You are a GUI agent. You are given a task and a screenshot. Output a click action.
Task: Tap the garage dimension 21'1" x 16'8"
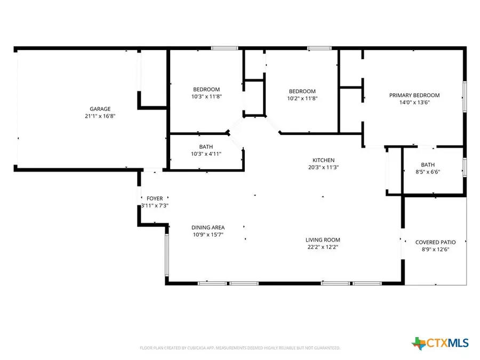tap(100, 115)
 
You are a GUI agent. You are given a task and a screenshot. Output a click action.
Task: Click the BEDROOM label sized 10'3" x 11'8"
tap(206, 90)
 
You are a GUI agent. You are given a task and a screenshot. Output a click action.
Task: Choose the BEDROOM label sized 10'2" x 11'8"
tap(302, 91)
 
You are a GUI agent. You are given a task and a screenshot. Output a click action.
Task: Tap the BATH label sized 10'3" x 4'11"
tap(206, 147)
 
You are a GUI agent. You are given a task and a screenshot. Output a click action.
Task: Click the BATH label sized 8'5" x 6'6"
tap(427, 165)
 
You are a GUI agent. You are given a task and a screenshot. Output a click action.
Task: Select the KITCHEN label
tap(323, 160)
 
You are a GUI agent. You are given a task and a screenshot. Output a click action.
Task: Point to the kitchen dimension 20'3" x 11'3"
tap(323, 167)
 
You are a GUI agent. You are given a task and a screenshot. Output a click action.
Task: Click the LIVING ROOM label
tap(323, 240)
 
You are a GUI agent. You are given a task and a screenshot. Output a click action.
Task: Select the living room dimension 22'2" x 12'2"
tap(323, 247)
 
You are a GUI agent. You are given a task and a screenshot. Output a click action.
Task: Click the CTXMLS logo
tap(442, 342)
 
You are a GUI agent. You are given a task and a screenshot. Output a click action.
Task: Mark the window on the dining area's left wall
tap(166, 255)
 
